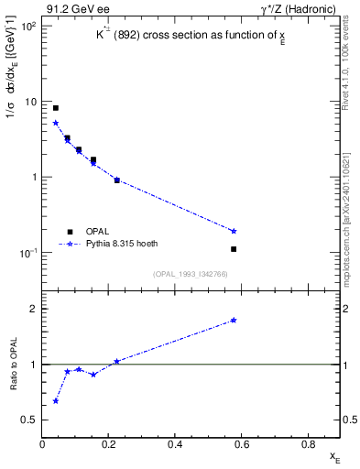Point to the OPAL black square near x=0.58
pos(235,249)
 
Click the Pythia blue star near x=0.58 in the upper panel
pos(235,231)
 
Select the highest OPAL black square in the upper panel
pos(56,108)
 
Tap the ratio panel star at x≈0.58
pos(235,320)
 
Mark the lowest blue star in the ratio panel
pos(56,400)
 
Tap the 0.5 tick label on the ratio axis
pos(30,420)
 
